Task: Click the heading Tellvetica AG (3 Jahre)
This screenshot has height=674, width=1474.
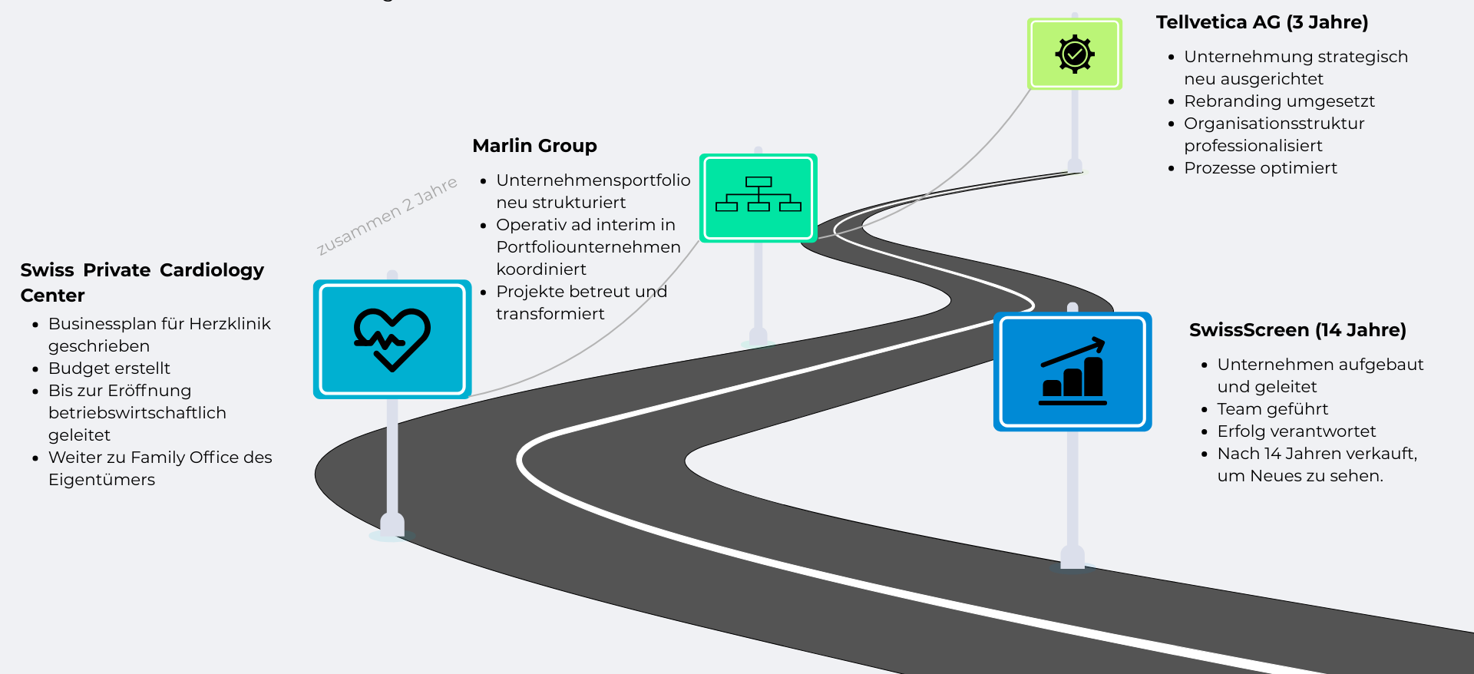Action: tap(1261, 22)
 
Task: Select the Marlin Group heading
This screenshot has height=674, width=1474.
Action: tap(534, 146)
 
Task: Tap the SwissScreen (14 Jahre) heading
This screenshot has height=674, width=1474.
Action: tap(1297, 330)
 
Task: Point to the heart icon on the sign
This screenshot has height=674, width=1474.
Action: tap(392, 339)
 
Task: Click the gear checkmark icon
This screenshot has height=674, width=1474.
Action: tap(1074, 54)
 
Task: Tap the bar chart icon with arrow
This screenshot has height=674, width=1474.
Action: tap(1072, 371)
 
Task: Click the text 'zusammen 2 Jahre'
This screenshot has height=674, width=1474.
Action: tap(387, 215)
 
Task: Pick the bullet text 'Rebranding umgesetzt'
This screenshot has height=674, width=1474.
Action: tap(1279, 101)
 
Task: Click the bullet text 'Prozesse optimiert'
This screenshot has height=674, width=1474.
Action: tap(1260, 168)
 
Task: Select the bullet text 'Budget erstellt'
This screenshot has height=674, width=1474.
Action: tap(109, 368)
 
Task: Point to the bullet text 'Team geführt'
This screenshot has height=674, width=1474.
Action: tap(1272, 409)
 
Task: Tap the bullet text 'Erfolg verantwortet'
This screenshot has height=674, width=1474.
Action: tap(1296, 431)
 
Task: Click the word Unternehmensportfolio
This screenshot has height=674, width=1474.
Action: tap(593, 180)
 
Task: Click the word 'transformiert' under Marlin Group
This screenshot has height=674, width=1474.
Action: tap(550, 314)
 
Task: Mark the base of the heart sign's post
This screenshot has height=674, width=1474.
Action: tap(392, 527)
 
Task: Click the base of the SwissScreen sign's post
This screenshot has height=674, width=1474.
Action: tap(1072, 558)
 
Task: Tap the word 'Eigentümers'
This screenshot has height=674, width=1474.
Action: tap(101, 480)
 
